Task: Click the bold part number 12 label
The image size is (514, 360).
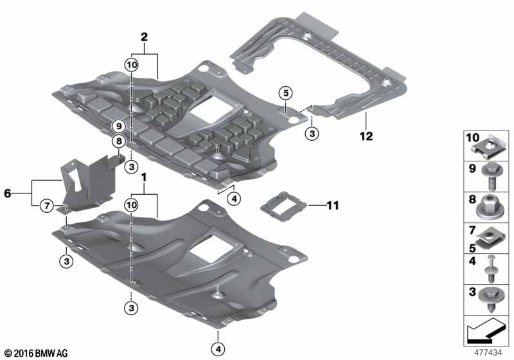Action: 366,136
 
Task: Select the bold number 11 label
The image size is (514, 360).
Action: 333,206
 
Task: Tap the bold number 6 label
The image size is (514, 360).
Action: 8,194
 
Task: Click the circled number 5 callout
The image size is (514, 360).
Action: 286,93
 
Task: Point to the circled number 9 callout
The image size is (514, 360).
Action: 119,126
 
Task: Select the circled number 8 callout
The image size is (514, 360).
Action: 119,141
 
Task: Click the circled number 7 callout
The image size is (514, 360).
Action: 47,206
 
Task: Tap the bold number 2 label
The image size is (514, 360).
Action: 144,37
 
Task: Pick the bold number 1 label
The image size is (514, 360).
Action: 143,177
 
